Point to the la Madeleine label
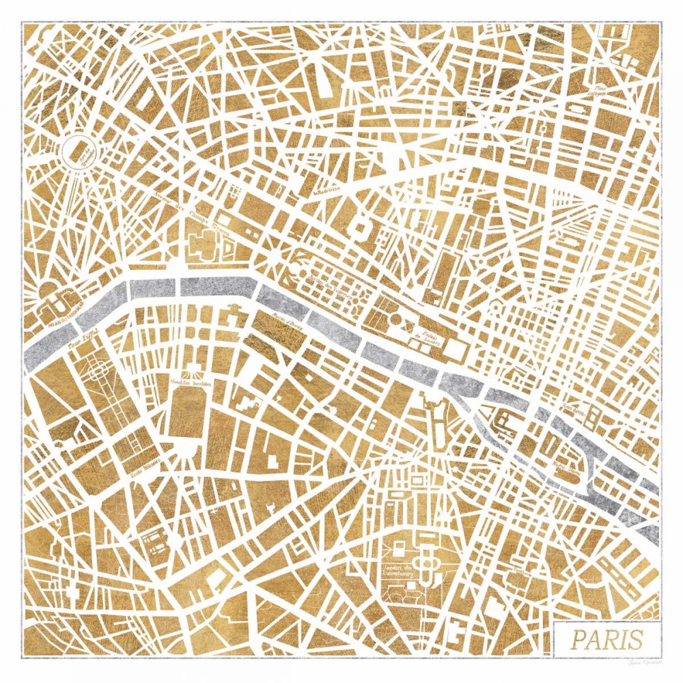pyautogui.click(x=327, y=192)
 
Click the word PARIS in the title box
pyautogui.click(x=607, y=640)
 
